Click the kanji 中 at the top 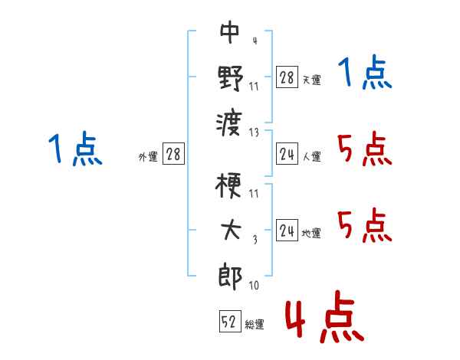230,31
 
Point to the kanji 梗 228,185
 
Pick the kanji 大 231,230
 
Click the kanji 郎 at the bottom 230,277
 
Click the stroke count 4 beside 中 255,41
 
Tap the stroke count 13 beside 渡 254,133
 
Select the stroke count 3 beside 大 255,240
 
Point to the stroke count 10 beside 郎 254,285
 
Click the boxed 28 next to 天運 287,77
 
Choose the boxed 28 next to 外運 173,154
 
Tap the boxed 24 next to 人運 287,154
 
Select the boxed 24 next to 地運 287,230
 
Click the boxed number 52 230,321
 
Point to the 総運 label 255,324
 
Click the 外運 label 148,156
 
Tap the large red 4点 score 324,316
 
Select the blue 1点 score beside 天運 365,72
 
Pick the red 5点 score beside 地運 365,225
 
